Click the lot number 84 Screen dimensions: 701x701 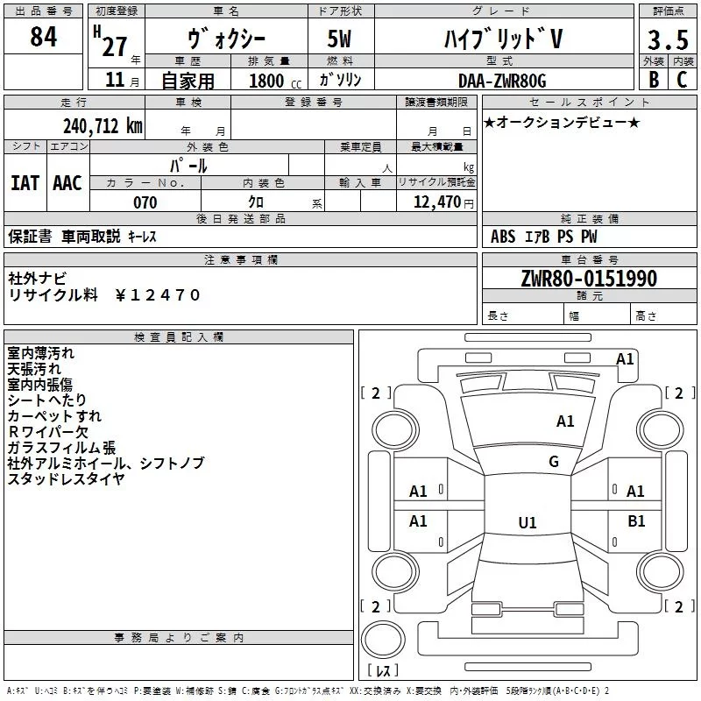coord(43,38)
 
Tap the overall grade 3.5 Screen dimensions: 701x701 coord(666,39)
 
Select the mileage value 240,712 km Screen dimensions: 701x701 coord(103,126)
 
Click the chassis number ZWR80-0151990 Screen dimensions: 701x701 coord(588,280)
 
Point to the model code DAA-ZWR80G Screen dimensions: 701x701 coord(501,81)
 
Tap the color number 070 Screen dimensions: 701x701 coord(145,202)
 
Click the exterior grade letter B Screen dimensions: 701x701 coord(652,81)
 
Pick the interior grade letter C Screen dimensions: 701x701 coord(681,81)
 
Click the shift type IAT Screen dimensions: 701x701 coord(25,183)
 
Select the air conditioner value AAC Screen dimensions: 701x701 coord(67,183)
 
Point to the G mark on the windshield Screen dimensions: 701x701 coord(554,462)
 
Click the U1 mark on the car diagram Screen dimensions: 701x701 coord(527,523)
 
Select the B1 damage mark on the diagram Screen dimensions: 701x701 coord(636,521)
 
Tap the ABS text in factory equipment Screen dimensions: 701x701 coord(503,237)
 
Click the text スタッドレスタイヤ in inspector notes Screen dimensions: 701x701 coord(66,478)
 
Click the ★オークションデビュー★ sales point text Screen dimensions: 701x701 coord(561,122)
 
